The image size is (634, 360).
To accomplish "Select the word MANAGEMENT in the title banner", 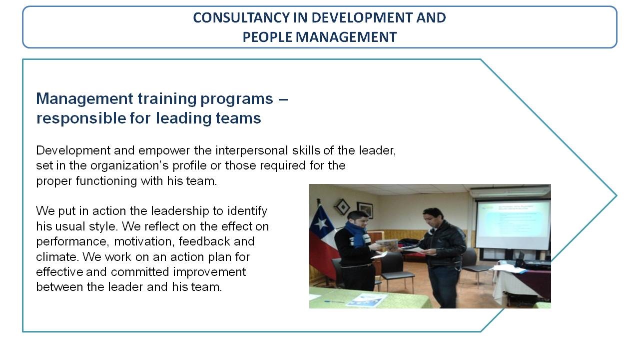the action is (346, 37).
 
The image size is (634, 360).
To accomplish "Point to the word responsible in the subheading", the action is (81, 118).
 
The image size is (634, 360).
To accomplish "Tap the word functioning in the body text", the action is (106, 180).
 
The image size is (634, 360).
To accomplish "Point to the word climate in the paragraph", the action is (58, 257).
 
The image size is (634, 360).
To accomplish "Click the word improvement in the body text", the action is (209, 272).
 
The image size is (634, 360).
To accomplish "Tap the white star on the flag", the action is (321, 223).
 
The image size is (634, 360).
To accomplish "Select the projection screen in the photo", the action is (513, 225).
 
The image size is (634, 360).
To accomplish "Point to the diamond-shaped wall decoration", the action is (342, 207).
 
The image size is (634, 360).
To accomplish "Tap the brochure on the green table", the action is (367, 300).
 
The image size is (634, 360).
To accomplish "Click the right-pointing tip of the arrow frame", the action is (617, 195).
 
